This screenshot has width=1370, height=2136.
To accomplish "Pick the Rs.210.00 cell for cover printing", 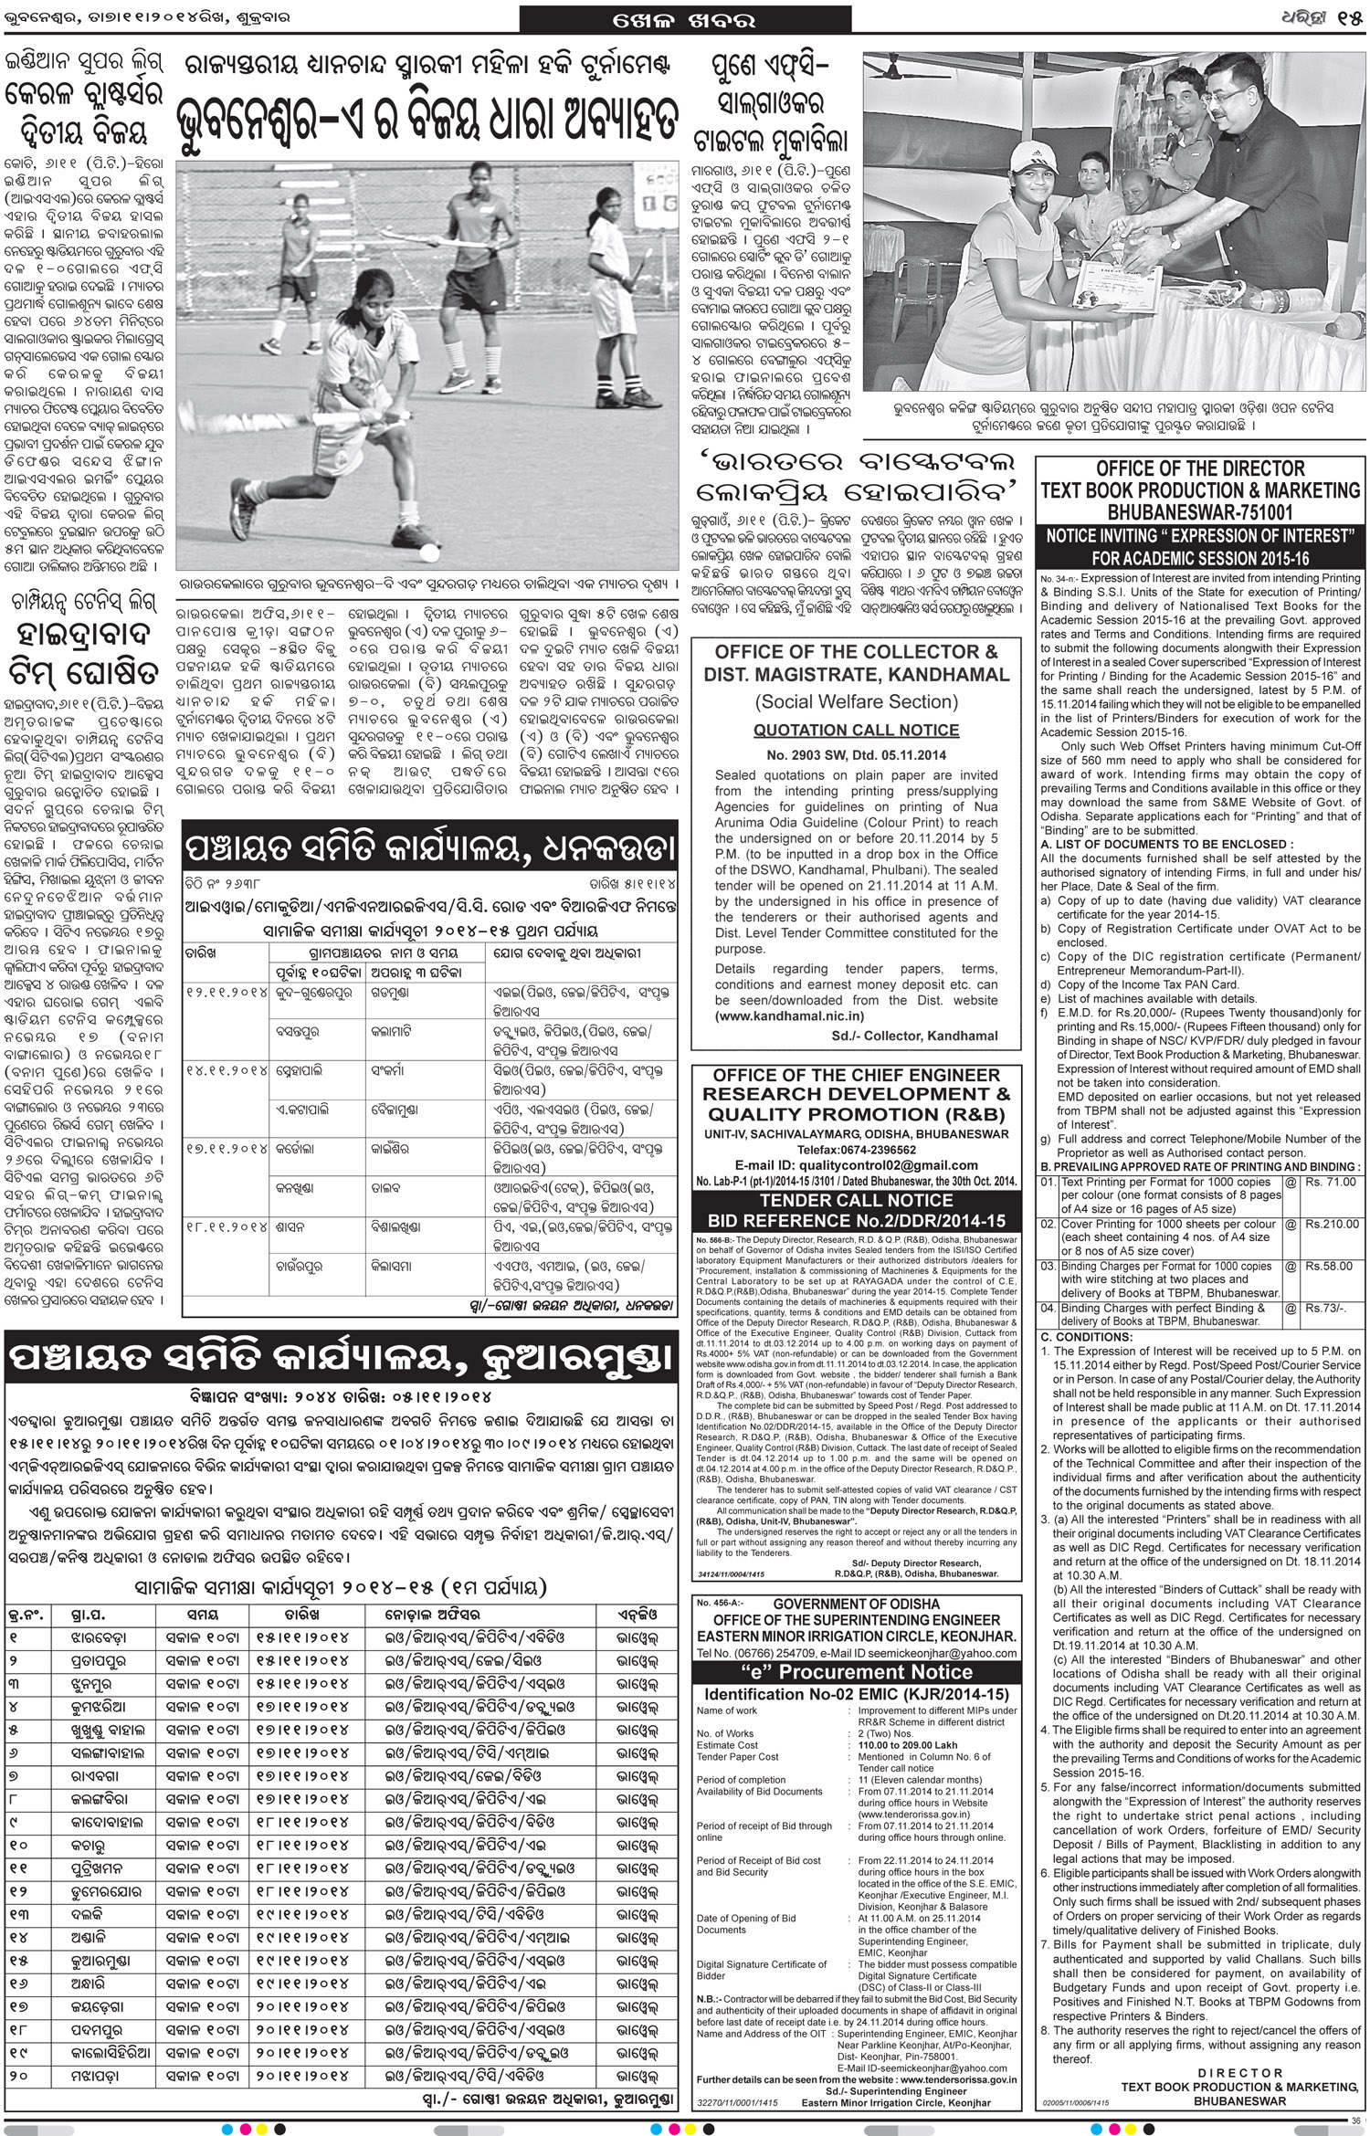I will (x=1333, y=1224).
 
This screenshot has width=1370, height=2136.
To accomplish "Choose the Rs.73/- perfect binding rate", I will (x=1327, y=1308).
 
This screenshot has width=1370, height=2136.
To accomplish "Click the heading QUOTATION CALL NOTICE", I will (x=856, y=731).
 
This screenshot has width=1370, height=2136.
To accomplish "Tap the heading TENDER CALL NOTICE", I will (x=856, y=1201).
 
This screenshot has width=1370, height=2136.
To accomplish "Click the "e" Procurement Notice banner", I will (x=856, y=1672).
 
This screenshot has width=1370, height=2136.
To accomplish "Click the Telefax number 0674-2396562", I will (x=883, y=1150).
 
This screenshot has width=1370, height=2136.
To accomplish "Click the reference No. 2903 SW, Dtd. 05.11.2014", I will (x=856, y=755).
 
